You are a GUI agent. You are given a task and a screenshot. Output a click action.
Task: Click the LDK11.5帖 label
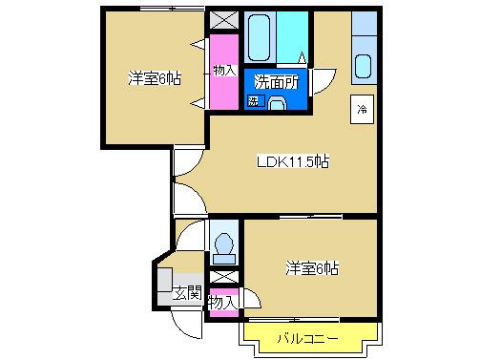tap(293, 161)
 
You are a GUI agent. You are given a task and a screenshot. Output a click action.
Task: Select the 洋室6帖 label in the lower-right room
tap(311, 268)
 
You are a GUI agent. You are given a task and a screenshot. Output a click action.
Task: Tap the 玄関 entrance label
tap(187, 293)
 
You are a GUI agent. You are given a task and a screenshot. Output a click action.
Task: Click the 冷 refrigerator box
tap(363, 109)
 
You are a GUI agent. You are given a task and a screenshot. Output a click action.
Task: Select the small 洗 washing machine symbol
tap(254, 100)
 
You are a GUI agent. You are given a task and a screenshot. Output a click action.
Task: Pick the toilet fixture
tap(225, 246)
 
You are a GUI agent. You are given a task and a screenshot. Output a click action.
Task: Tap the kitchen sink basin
tap(364, 66)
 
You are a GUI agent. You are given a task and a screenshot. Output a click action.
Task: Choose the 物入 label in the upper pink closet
tap(224, 71)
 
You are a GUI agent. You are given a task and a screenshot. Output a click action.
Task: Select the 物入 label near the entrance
tap(221, 302)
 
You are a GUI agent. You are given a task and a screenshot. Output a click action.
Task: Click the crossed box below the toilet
tap(223, 278)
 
